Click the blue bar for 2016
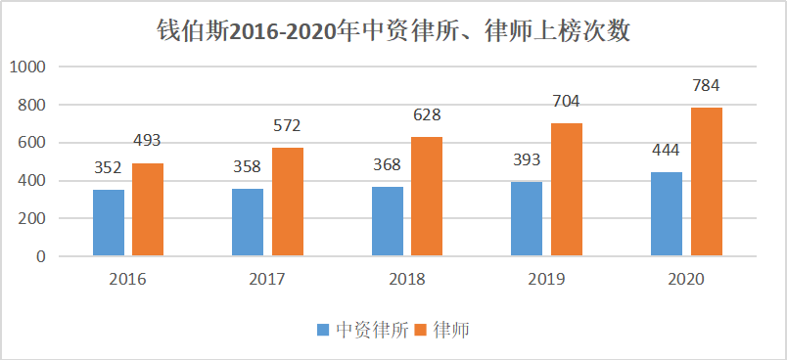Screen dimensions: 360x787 tap(109, 223)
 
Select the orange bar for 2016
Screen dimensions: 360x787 tap(148, 209)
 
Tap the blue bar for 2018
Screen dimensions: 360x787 tap(388, 221)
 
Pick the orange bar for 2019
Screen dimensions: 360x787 tap(566, 190)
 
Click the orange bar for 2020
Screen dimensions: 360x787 tap(706, 182)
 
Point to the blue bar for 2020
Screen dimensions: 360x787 tap(666, 214)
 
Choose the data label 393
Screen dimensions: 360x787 tap(526, 159)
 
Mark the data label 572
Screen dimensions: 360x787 tap(287, 125)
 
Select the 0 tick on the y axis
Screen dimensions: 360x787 tap(43, 257)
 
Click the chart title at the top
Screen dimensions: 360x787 tap(393, 31)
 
